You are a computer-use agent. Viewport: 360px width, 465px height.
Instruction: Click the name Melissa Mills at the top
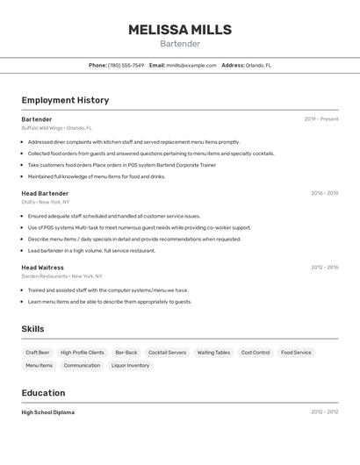[180, 30]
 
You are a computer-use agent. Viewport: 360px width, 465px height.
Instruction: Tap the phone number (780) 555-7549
[126, 65]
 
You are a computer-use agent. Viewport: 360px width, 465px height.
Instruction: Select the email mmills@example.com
[191, 65]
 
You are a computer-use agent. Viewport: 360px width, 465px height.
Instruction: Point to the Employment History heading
[65, 100]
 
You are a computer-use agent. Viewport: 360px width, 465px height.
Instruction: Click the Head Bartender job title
[45, 193]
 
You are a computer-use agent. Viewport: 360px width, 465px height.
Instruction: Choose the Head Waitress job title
[42, 267]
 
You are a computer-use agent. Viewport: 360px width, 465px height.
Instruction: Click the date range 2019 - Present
[320, 119]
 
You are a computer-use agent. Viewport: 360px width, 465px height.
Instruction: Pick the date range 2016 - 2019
[324, 193]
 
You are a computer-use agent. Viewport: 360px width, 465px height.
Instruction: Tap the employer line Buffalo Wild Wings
[56, 128]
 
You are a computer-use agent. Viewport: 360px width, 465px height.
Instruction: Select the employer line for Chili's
[46, 202]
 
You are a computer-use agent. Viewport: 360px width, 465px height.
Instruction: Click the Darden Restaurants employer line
[61, 275]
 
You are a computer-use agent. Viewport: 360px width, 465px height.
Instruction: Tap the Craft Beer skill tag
[38, 353]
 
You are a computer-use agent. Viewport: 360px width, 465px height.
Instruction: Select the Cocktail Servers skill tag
[167, 353]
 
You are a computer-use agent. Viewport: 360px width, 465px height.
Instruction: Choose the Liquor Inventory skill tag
[130, 365]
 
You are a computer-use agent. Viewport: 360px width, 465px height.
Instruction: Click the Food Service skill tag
[296, 353]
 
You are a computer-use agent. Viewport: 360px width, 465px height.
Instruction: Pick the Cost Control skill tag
[256, 353]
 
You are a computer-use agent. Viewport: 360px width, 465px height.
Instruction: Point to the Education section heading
[43, 393]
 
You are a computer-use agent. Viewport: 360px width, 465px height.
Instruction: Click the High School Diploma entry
[47, 412]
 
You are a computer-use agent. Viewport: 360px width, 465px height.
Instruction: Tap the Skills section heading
[32, 329]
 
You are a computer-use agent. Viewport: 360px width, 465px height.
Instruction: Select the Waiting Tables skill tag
[213, 353]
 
